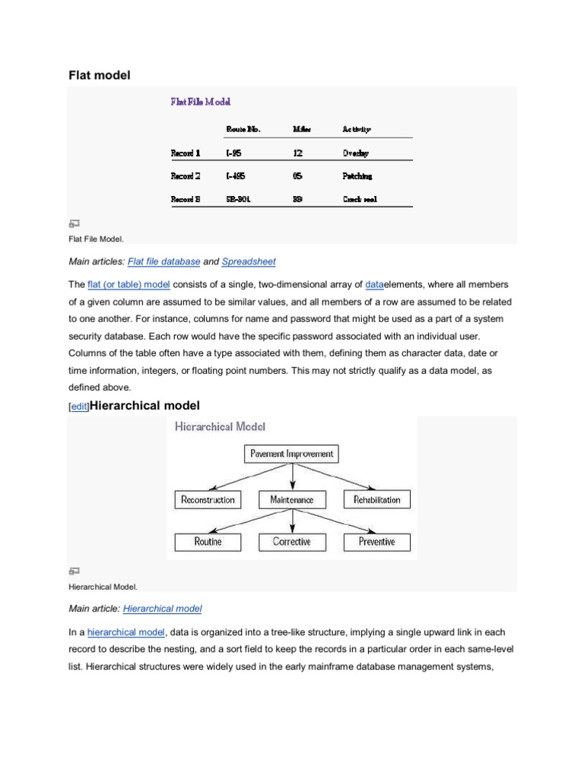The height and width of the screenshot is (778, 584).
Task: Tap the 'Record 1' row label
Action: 186,153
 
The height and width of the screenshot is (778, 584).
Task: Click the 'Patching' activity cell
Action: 357,176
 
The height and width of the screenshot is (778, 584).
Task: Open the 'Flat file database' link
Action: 164,261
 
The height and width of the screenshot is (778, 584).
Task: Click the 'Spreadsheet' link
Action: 249,261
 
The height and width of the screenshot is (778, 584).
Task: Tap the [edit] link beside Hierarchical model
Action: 79,407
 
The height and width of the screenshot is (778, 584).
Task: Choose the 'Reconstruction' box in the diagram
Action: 208,499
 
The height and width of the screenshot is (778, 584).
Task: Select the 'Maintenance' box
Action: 292,499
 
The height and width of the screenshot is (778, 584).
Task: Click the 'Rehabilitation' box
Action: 377,499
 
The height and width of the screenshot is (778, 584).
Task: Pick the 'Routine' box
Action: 208,542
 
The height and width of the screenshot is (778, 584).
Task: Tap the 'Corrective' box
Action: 292,542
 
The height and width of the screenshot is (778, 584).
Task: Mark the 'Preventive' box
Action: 377,542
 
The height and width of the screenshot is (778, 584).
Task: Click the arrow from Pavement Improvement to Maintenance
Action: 293,476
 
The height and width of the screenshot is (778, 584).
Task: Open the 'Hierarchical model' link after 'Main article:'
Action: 162,609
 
